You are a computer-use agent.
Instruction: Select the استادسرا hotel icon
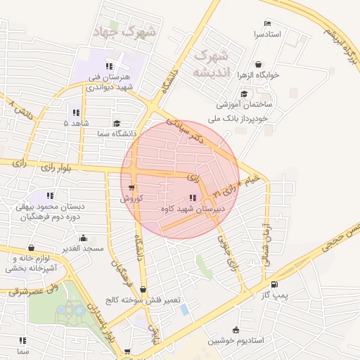click(x=265, y=23)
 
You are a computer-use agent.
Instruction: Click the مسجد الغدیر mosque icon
click(x=84, y=238)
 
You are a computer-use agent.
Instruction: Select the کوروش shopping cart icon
click(x=132, y=188)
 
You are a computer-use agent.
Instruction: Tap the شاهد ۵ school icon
click(x=75, y=112)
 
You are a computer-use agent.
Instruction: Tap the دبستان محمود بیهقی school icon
click(x=51, y=195)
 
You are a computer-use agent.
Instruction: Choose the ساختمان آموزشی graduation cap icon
click(x=243, y=93)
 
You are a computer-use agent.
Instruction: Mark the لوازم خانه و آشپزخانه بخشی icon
click(x=31, y=247)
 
